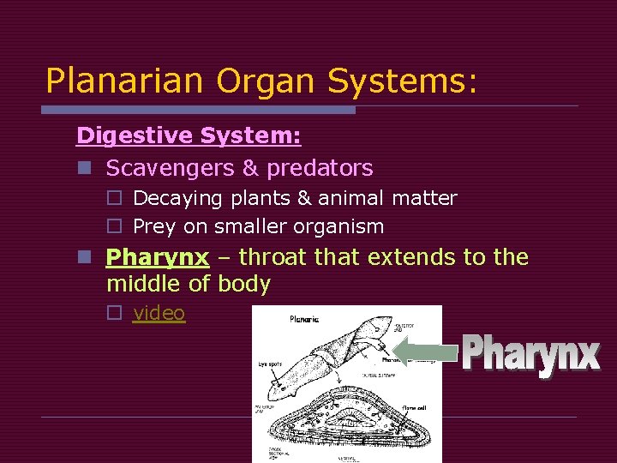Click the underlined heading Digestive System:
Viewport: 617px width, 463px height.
pyautogui.click(x=189, y=135)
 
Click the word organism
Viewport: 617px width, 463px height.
pyautogui.click(x=341, y=226)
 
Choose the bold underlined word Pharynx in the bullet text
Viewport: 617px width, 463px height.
pyautogui.click(x=157, y=257)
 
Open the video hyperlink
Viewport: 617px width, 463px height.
pyautogui.click(x=159, y=313)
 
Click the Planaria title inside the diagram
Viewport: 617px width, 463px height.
pyautogui.click(x=304, y=319)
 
